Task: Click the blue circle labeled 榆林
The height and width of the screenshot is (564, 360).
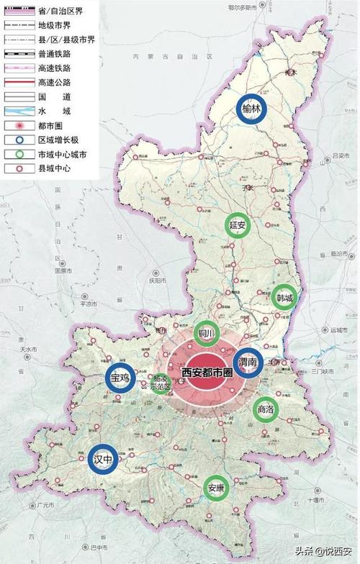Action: (252, 109)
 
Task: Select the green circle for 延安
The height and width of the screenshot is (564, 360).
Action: (238, 225)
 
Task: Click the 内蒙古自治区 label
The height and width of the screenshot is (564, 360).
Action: (154, 55)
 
